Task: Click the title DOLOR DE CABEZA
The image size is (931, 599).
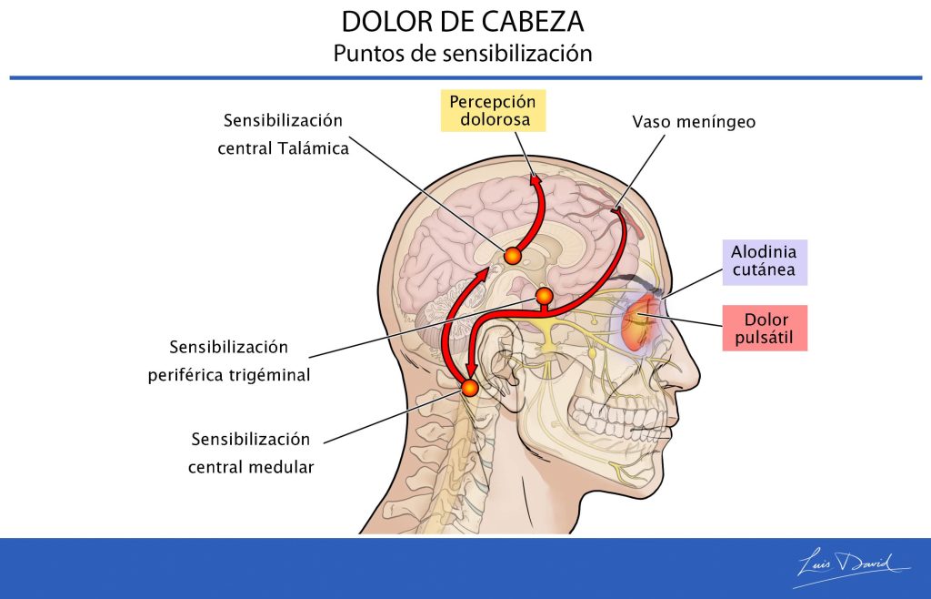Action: coord(463,22)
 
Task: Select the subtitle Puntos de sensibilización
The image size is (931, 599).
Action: coord(463,53)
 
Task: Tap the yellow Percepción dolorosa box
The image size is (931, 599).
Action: coord(493,110)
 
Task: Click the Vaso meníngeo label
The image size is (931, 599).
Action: coord(694,122)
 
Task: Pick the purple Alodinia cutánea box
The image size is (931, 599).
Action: coord(764,262)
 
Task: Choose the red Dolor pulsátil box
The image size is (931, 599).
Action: coord(765,328)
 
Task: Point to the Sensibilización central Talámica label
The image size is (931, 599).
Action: coord(284,135)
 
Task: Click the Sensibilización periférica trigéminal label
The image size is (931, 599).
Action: coord(229,360)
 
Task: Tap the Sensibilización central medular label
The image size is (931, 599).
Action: coord(251,452)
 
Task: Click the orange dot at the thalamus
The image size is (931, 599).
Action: coord(513,256)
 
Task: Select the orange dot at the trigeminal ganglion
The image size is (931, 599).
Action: coord(544,296)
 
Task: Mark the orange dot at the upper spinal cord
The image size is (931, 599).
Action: coord(469,388)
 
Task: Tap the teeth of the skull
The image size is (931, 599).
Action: coord(617,417)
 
